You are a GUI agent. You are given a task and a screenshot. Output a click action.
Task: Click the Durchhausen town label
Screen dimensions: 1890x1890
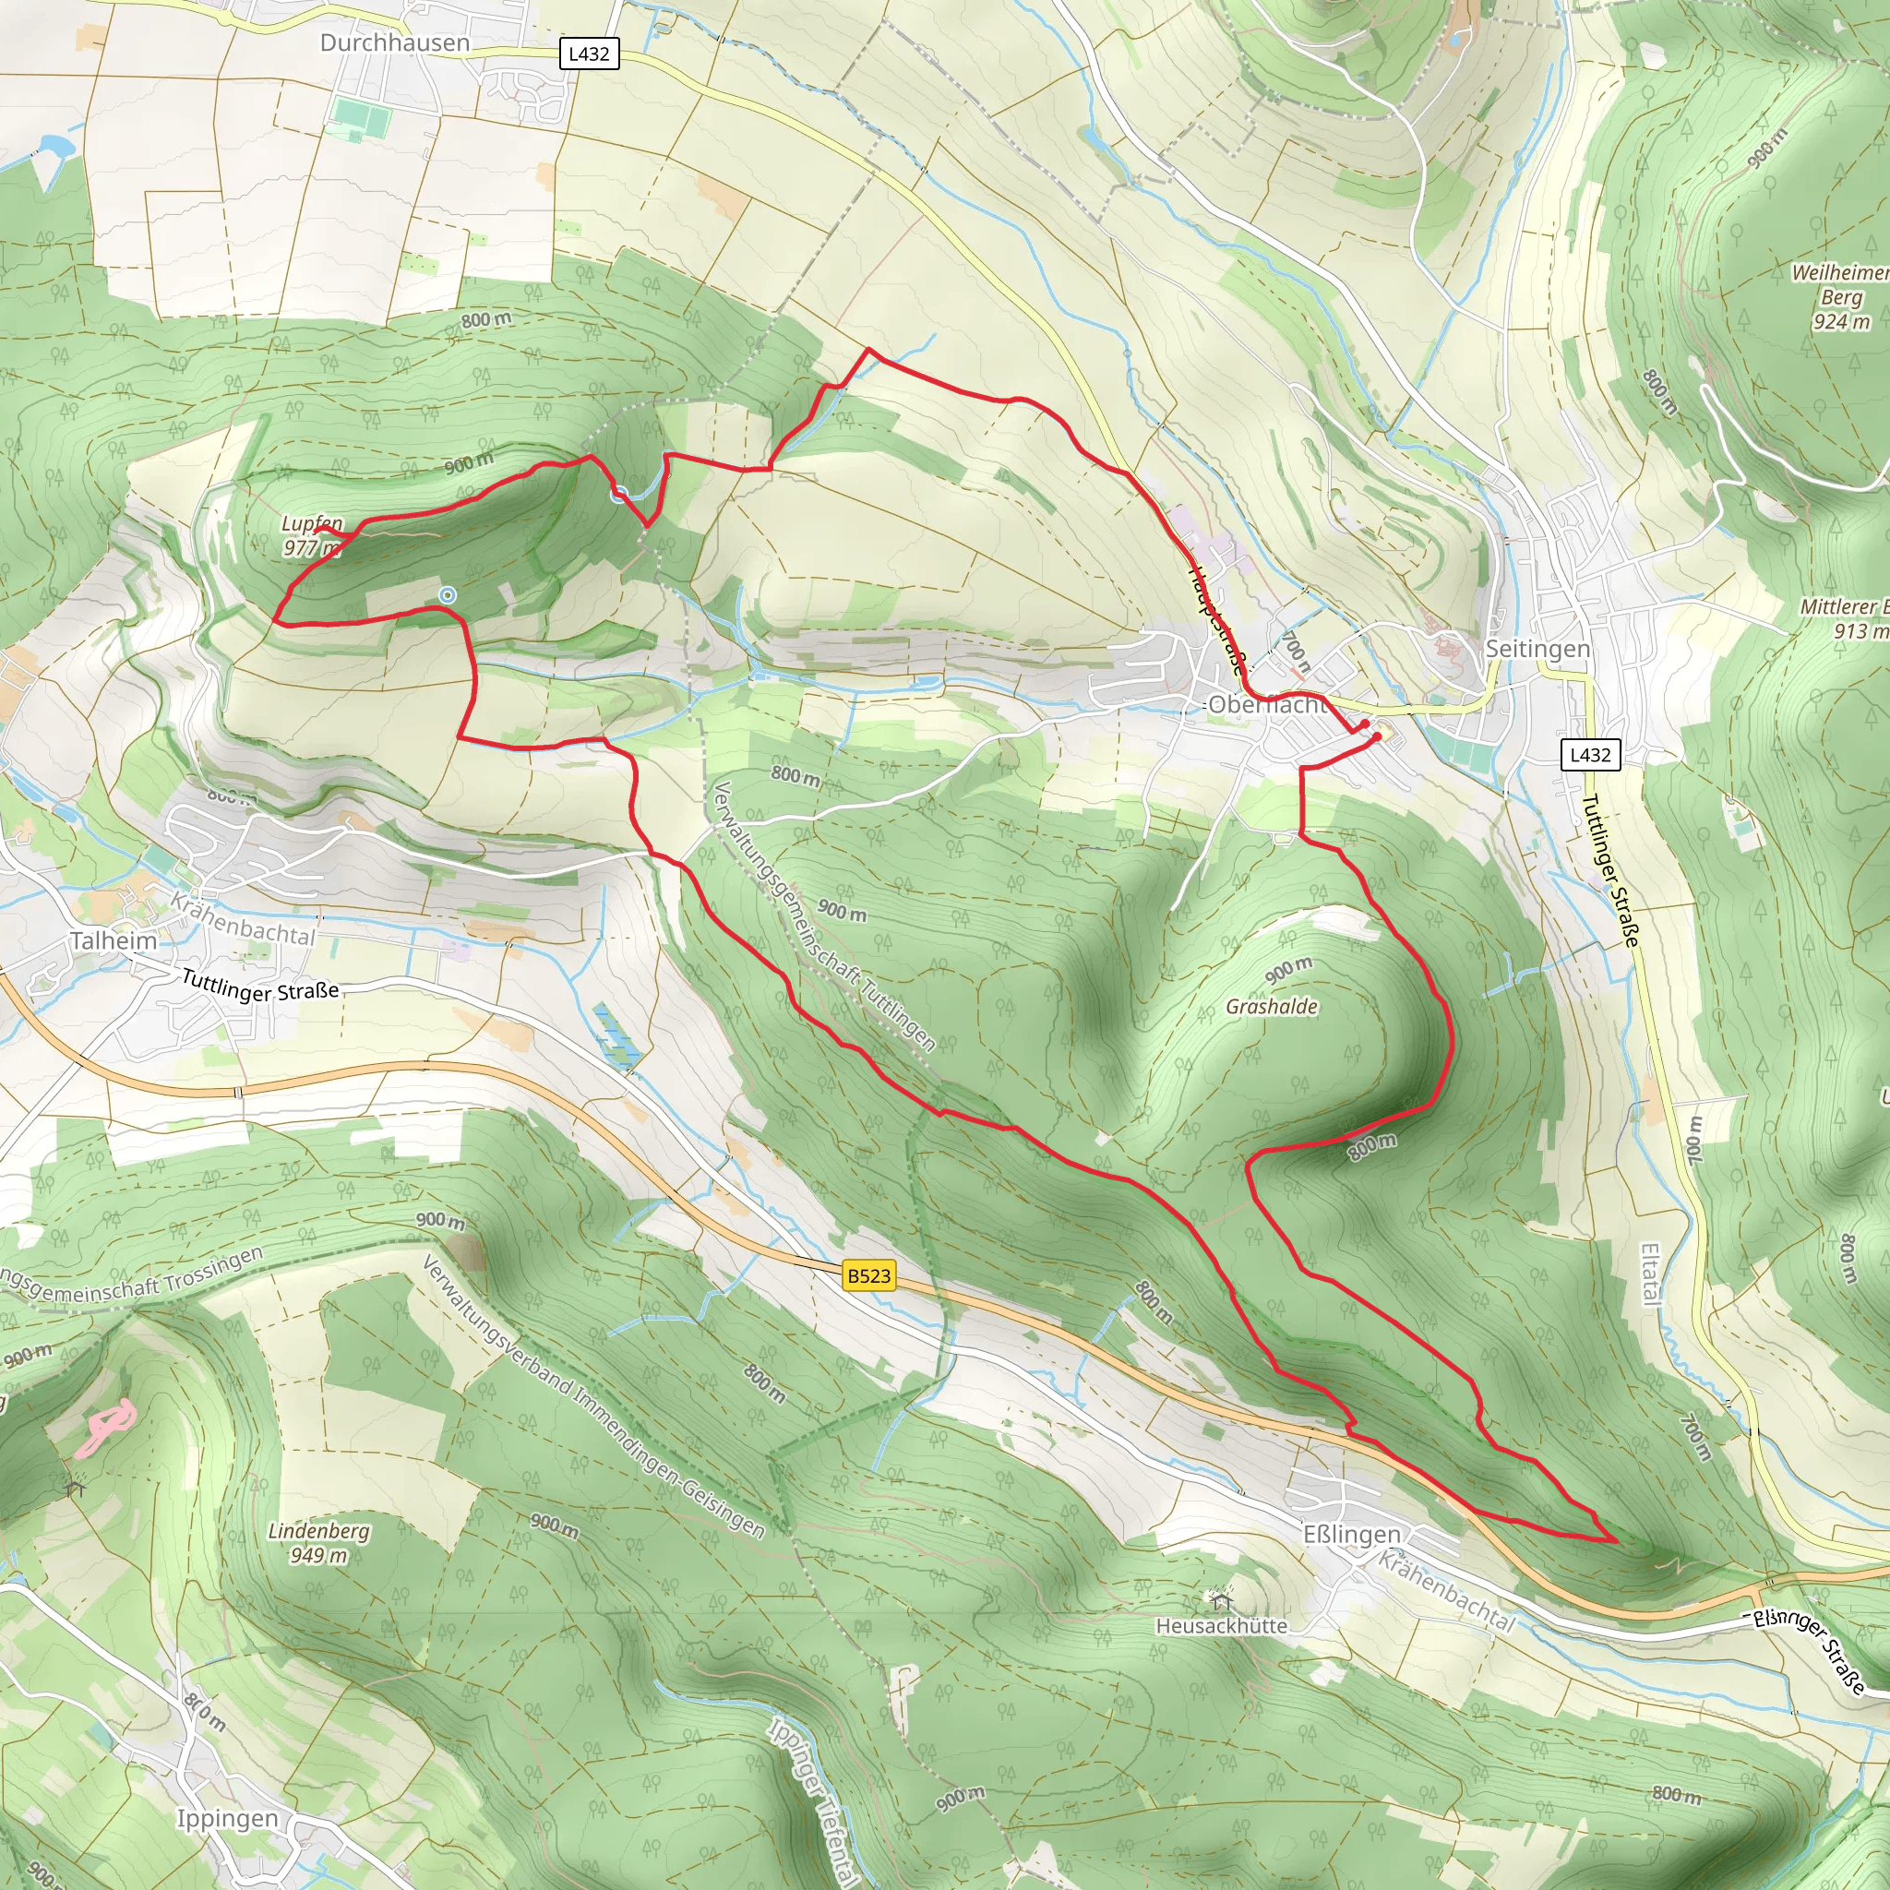click(x=394, y=43)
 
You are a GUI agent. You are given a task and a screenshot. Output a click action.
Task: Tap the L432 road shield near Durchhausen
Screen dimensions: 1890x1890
click(x=589, y=54)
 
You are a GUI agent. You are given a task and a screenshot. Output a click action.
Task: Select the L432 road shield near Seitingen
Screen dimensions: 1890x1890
click(x=1590, y=754)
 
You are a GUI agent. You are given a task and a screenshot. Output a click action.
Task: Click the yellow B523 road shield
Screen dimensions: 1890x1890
click(x=868, y=1275)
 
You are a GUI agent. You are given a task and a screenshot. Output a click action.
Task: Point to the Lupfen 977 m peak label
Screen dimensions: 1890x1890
click(x=312, y=535)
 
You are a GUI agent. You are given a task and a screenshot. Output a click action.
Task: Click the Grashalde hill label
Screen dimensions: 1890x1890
click(x=1272, y=1007)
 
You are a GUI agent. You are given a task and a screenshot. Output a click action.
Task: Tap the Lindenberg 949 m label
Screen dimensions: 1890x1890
click(x=318, y=1543)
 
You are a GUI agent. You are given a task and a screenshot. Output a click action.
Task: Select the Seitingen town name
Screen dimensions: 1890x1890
click(x=1537, y=649)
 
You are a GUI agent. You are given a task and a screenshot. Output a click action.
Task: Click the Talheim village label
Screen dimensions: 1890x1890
click(x=114, y=941)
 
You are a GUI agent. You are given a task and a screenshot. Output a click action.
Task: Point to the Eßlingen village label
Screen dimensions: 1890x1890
click(x=1352, y=1534)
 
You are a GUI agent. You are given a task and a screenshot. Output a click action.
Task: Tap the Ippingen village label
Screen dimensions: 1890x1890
click(x=227, y=1819)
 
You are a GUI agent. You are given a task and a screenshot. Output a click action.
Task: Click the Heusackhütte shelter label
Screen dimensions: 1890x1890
click(x=1221, y=1626)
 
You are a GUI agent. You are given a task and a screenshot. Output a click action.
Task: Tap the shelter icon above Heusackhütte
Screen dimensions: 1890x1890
click(x=1221, y=1601)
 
